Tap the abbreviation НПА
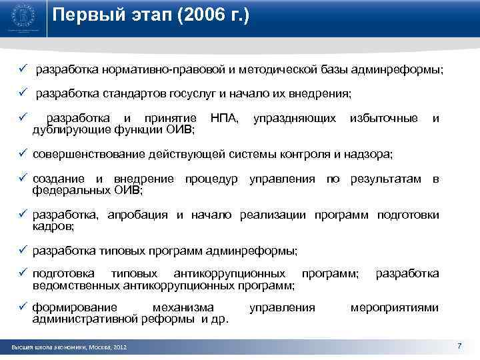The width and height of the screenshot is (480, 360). coord(224,118)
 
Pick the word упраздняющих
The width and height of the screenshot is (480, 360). coord(295,118)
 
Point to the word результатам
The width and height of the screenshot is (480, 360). coord(386,179)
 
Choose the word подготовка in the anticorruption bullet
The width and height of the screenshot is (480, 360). coord(63,273)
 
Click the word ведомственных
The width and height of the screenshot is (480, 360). coord(77,285)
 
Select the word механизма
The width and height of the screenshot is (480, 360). coord(183,307)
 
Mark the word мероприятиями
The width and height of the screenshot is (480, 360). coord(395,307)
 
